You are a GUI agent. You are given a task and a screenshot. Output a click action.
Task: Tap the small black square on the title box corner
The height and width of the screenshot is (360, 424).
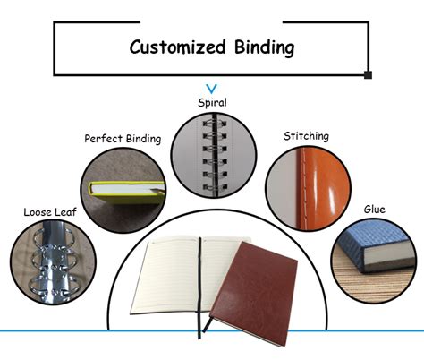(x=368, y=74)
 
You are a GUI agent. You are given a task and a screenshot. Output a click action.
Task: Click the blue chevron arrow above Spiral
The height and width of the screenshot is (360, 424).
(x=212, y=89)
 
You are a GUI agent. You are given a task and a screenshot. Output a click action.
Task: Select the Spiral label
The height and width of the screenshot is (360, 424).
(x=212, y=102)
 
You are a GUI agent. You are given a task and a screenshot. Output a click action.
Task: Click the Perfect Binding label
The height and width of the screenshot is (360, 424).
(x=123, y=139)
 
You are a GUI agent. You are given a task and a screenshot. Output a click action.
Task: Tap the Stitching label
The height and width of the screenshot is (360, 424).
(x=306, y=136)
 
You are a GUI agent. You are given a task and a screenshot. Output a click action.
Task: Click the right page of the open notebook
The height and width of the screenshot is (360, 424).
(x=220, y=260)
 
